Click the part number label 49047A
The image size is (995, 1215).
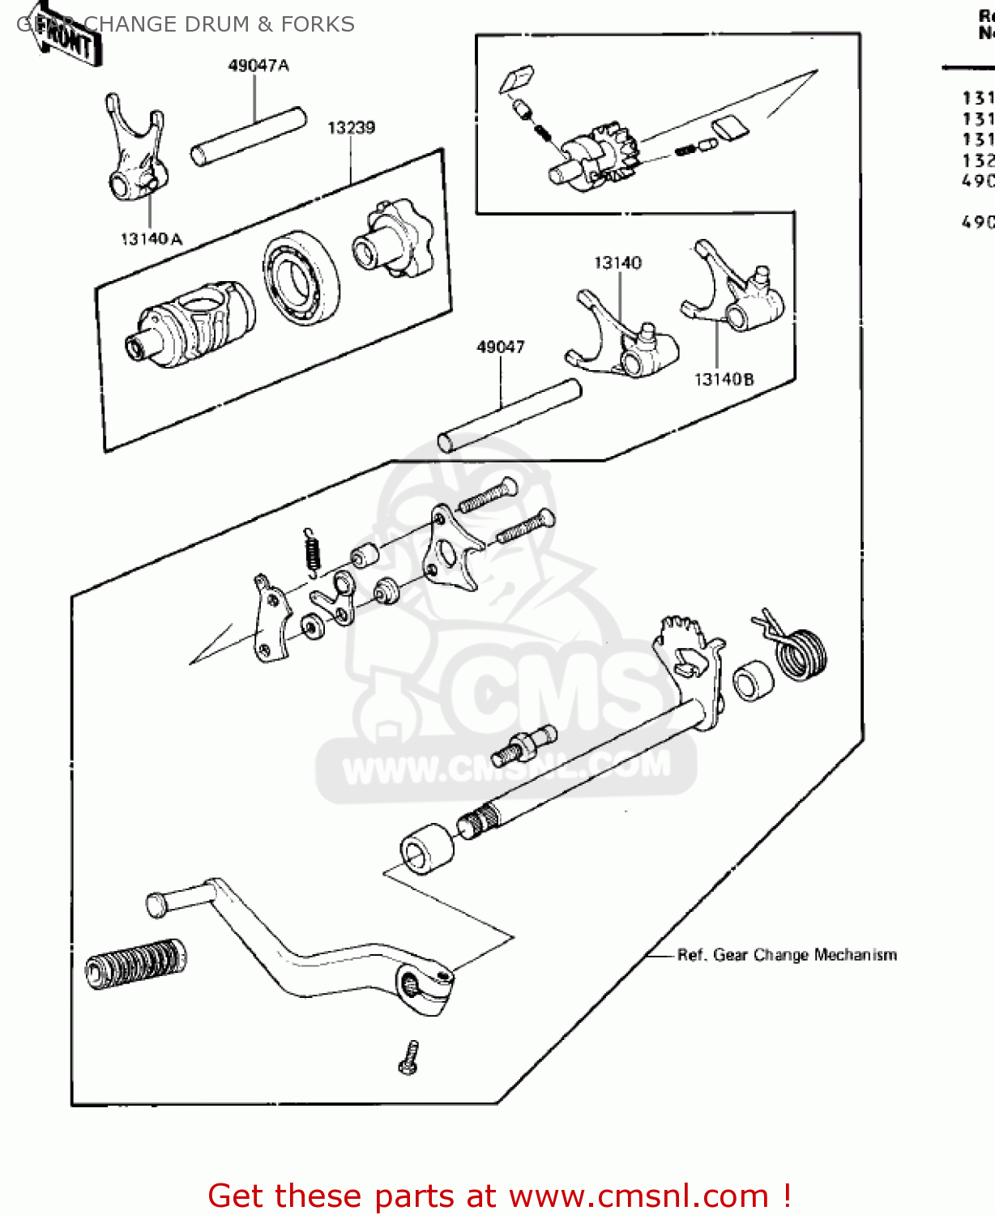[x=258, y=66]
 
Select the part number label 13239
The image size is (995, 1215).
[x=351, y=127]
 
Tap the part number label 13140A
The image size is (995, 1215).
[x=152, y=239]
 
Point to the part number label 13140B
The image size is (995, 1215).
[x=724, y=379]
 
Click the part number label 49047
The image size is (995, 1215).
[x=500, y=347]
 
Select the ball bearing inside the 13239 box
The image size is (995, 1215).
[x=301, y=276]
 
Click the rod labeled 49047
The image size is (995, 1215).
[x=510, y=416]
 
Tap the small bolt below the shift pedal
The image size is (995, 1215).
[x=410, y=1058]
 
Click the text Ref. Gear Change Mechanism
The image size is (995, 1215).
[x=787, y=955]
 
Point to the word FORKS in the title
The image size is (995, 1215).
[x=318, y=24]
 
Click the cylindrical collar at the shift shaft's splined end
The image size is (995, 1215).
[x=427, y=848]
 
